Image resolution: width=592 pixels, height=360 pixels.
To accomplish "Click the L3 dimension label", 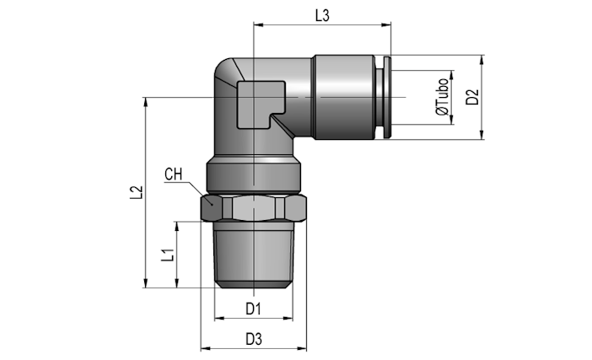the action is point(322,15).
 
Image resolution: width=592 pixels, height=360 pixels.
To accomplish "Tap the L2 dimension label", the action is point(137,192).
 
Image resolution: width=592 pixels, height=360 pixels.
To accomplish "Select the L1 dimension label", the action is point(168,255).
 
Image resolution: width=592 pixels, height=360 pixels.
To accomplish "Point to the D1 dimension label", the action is point(253,309).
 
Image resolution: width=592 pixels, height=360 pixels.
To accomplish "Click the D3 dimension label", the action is point(254,339).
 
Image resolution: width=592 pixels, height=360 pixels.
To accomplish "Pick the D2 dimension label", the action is point(472,97).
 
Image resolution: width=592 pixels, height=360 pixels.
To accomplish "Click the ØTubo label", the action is point(442,97).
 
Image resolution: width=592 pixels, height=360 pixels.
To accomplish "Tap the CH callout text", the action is point(173,175).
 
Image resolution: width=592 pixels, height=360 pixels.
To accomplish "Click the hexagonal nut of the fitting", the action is point(253,207).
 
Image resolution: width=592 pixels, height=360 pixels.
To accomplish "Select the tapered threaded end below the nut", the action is point(254,255).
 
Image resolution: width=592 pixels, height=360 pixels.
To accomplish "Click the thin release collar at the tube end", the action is point(387,97).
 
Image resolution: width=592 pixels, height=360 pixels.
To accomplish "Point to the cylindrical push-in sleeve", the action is point(344,97).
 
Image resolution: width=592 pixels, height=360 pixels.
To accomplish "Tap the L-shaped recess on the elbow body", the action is point(261,105).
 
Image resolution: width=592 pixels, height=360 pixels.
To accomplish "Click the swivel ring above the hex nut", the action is point(254,175).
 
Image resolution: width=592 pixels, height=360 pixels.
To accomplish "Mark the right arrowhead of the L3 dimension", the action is point(386,25).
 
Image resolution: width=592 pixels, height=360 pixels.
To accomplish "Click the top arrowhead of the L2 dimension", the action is point(146,102).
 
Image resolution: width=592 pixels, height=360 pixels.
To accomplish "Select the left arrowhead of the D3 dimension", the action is point(206,348).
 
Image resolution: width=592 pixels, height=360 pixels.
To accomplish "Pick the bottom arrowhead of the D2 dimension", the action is point(482,135).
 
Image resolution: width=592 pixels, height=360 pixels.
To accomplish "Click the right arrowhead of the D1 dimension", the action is point(288,319).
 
